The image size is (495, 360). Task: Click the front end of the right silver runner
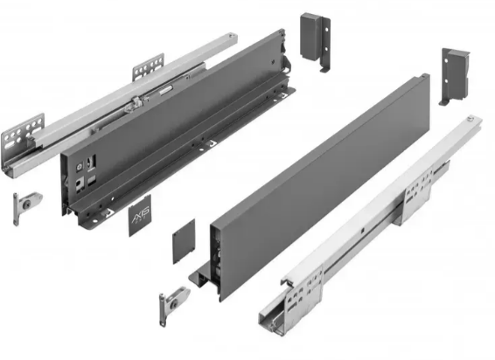(275, 310)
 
